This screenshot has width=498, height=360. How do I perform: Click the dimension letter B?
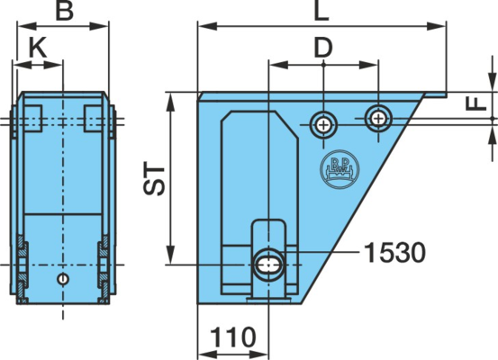65,11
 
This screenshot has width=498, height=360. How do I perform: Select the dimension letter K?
38,48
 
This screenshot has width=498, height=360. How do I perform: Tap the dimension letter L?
321,11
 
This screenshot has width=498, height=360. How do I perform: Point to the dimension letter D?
323,48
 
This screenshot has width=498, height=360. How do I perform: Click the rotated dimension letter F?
476,103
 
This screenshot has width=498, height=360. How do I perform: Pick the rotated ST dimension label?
154,180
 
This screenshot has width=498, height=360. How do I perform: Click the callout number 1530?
394,252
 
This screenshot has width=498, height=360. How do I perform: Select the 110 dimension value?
233,337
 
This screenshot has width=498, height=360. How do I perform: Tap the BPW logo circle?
340,169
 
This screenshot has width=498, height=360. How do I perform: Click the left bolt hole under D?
323,125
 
